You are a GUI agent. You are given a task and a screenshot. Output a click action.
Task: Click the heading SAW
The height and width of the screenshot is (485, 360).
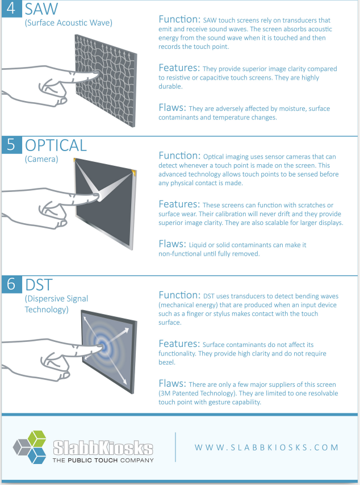pos(41,10)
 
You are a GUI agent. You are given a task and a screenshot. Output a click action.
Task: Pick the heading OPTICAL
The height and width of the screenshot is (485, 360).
pos(56,145)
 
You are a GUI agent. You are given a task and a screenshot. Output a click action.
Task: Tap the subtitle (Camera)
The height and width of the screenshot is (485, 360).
pos(41,159)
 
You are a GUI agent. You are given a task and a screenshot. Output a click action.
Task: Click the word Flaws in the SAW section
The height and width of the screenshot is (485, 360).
pos(172,107)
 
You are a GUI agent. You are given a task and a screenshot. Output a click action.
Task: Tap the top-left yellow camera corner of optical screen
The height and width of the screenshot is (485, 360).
pos(76,161)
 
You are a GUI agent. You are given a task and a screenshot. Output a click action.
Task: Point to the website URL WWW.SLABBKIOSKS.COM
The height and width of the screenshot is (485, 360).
pos(266,447)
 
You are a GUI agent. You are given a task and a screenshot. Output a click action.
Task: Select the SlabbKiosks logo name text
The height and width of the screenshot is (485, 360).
pos(103,446)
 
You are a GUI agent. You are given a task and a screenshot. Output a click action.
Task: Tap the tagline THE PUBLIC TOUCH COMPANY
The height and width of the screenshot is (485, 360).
pos(103,459)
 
